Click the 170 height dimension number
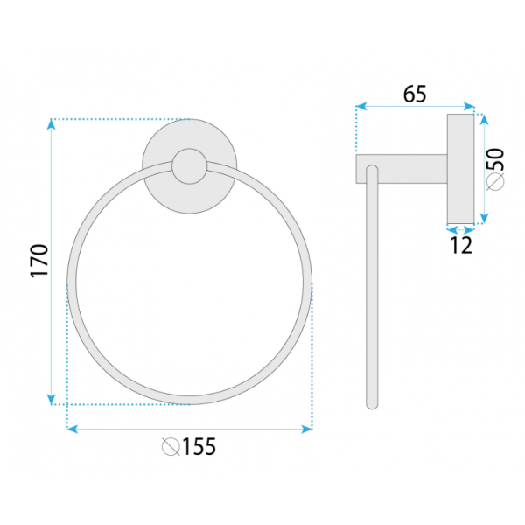[39, 261]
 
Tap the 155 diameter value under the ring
[199, 446]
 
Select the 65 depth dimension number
[415, 94]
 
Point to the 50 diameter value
[495, 159]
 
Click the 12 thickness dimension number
[461, 245]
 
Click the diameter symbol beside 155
[171, 446]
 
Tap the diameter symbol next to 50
[495, 182]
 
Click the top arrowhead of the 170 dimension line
[51, 124]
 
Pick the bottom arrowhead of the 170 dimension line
[51, 400]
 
